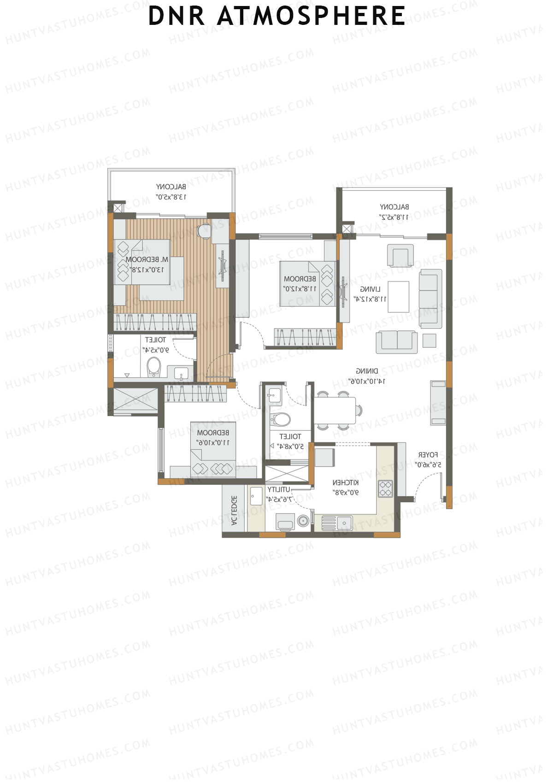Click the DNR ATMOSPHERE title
[276, 16]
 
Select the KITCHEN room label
[346, 482]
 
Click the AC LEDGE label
[234, 511]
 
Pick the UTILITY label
[279, 489]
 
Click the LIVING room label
[370, 289]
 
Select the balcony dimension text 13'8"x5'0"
[171, 197]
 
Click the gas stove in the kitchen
[385, 488]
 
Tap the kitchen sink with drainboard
[337, 523]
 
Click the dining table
[335, 410]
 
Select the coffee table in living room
[398, 296]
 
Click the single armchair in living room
[400, 255]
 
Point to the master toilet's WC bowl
[153, 367]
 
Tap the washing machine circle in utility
[303, 521]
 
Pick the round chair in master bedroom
[204, 230]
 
